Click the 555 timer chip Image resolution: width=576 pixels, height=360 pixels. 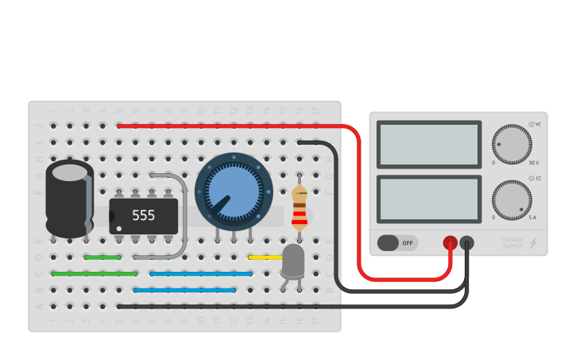(x=144, y=215)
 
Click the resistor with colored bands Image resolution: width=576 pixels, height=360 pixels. (x=300, y=208)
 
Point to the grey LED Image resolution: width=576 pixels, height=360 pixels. (x=292, y=260)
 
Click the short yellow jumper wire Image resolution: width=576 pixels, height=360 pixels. (x=262, y=257)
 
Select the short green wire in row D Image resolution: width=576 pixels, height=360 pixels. (x=102, y=257)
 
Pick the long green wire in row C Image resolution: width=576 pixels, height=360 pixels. (x=95, y=273)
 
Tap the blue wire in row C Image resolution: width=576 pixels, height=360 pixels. (x=201, y=273)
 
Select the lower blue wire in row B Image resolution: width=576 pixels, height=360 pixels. (x=184, y=290)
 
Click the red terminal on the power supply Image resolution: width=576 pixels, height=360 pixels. (x=450, y=242)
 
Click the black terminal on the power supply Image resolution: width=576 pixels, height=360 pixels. (x=467, y=242)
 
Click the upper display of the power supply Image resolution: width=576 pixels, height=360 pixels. (x=429, y=145)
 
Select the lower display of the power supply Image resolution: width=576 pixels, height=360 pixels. (x=429, y=199)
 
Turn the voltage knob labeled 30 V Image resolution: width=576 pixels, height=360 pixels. (x=511, y=145)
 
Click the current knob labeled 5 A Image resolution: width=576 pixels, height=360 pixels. (x=511, y=199)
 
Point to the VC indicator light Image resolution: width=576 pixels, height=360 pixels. (x=532, y=124)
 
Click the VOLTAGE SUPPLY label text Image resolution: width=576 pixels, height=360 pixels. (x=512, y=242)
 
